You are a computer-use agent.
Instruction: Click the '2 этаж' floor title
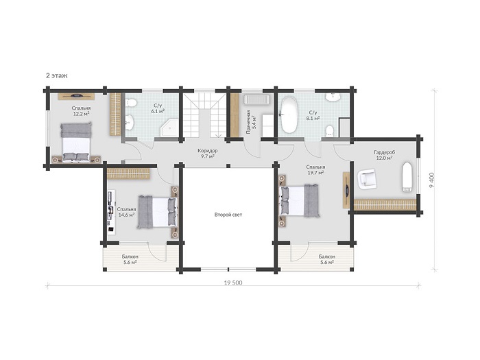click(57, 75)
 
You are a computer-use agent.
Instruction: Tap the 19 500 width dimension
click(233, 283)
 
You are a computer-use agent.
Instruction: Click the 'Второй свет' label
click(228, 215)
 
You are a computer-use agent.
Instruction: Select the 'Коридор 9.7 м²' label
click(208, 154)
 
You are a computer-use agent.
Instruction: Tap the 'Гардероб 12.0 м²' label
click(384, 155)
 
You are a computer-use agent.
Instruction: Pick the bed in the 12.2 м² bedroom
click(75, 141)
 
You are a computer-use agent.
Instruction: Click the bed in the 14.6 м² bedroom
click(157, 212)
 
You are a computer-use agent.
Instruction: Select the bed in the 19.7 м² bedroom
click(300, 200)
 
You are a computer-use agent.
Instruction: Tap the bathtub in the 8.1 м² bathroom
click(289, 115)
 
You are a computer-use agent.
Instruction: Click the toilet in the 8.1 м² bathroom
click(329, 131)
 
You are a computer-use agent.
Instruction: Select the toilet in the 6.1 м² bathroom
click(131, 103)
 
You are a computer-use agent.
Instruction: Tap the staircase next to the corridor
click(204, 115)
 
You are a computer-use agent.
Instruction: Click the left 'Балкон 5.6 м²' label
click(130, 259)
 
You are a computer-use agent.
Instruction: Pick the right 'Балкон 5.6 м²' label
click(327, 259)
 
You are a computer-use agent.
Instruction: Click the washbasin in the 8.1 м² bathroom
click(333, 97)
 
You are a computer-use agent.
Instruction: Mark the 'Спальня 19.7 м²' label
click(315, 170)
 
